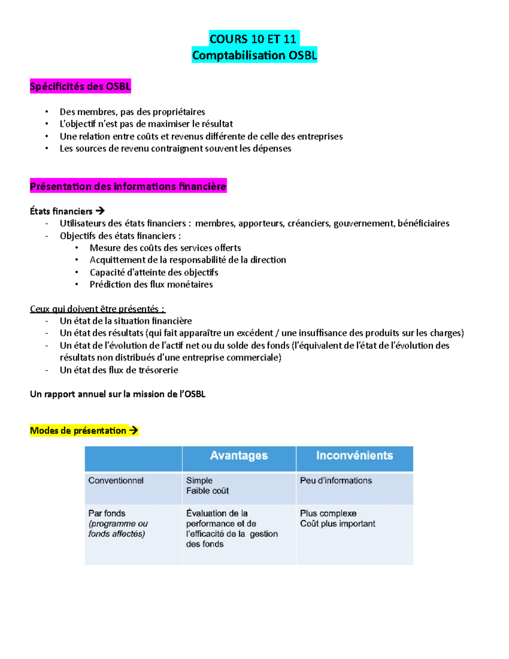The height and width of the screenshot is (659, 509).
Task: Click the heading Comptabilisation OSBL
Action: tap(254, 55)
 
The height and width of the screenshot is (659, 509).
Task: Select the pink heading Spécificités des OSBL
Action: tap(80, 87)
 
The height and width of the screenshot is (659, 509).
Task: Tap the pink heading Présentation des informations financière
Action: tap(128, 186)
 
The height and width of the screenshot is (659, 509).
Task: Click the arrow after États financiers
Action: tap(100, 211)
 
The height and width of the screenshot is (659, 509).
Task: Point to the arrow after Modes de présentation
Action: tap(134, 431)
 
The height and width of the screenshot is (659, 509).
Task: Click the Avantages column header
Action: tap(239, 456)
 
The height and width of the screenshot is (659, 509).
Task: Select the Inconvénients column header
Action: tap(354, 456)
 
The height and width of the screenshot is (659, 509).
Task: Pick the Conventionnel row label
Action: tap(116, 480)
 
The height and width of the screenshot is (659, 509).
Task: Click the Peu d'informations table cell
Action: tap(336, 480)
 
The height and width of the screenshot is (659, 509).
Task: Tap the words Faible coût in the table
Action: tap(207, 491)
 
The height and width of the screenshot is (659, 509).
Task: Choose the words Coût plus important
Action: tap(338, 524)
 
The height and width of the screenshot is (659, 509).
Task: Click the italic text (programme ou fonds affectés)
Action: tap(117, 529)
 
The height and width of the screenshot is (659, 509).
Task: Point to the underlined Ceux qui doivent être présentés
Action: tap(97, 309)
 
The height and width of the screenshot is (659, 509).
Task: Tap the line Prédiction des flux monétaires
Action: tap(151, 284)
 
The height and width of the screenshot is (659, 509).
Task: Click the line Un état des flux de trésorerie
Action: tap(119, 370)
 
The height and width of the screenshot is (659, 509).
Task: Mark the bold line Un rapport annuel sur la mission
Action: tap(117, 394)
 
